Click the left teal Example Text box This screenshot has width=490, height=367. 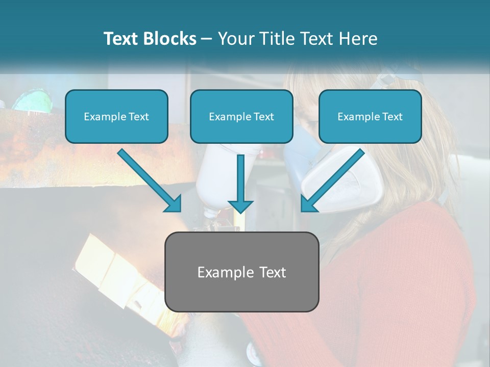(116, 116)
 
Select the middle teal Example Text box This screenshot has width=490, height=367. (241, 116)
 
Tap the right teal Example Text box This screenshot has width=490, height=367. (370, 116)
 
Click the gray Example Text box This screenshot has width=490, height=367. (241, 272)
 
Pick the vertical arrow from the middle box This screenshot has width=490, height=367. (240, 183)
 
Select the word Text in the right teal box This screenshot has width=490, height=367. (393, 117)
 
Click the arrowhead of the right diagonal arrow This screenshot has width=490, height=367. (308, 204)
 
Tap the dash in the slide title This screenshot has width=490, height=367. (207, 39)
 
